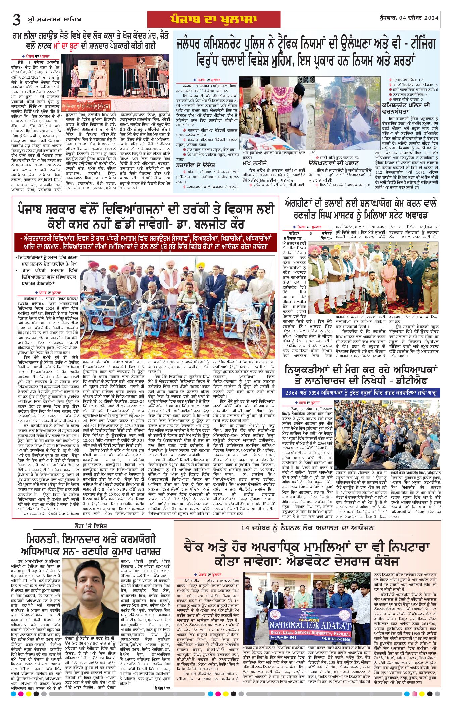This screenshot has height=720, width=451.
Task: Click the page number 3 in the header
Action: tap(16, 20)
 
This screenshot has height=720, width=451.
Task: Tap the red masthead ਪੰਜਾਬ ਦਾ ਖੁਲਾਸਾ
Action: tap(213, 19)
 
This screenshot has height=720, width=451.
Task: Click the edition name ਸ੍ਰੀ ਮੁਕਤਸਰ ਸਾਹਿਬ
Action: tap(54, 20)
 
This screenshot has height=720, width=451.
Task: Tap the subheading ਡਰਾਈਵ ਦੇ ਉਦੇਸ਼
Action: tap(196, 165)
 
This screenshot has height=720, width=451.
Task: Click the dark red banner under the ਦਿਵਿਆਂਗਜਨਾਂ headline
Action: tap(146, 242)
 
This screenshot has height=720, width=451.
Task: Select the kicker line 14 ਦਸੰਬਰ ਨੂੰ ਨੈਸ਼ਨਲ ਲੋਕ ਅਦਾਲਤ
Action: tap(307, 528)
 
